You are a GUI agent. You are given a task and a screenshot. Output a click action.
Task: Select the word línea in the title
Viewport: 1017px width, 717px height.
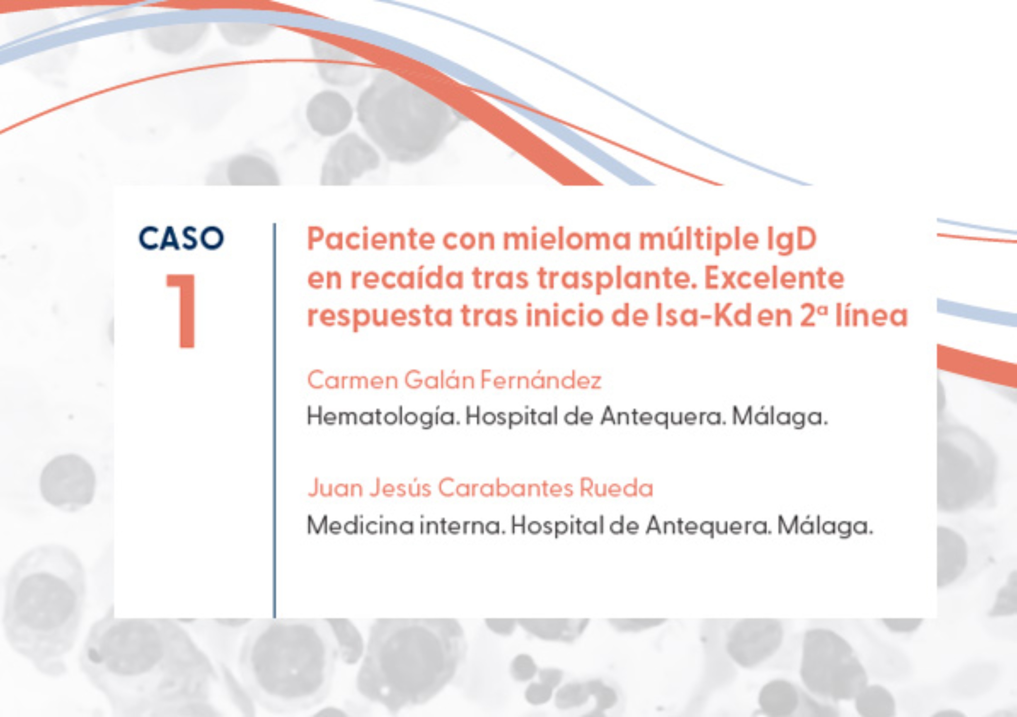coord(871,316)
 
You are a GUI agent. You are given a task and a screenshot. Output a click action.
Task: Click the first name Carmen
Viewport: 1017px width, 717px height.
coord(353,380)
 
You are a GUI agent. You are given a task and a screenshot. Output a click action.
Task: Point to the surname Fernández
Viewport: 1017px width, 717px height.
coord(541,380)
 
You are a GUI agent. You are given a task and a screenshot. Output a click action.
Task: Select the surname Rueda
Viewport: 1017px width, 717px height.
coord(616,488)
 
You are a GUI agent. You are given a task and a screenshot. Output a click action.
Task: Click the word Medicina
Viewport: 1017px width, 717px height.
coord(360,526)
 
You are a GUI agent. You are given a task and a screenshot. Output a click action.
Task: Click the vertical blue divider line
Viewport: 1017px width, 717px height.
coord(275,420)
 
